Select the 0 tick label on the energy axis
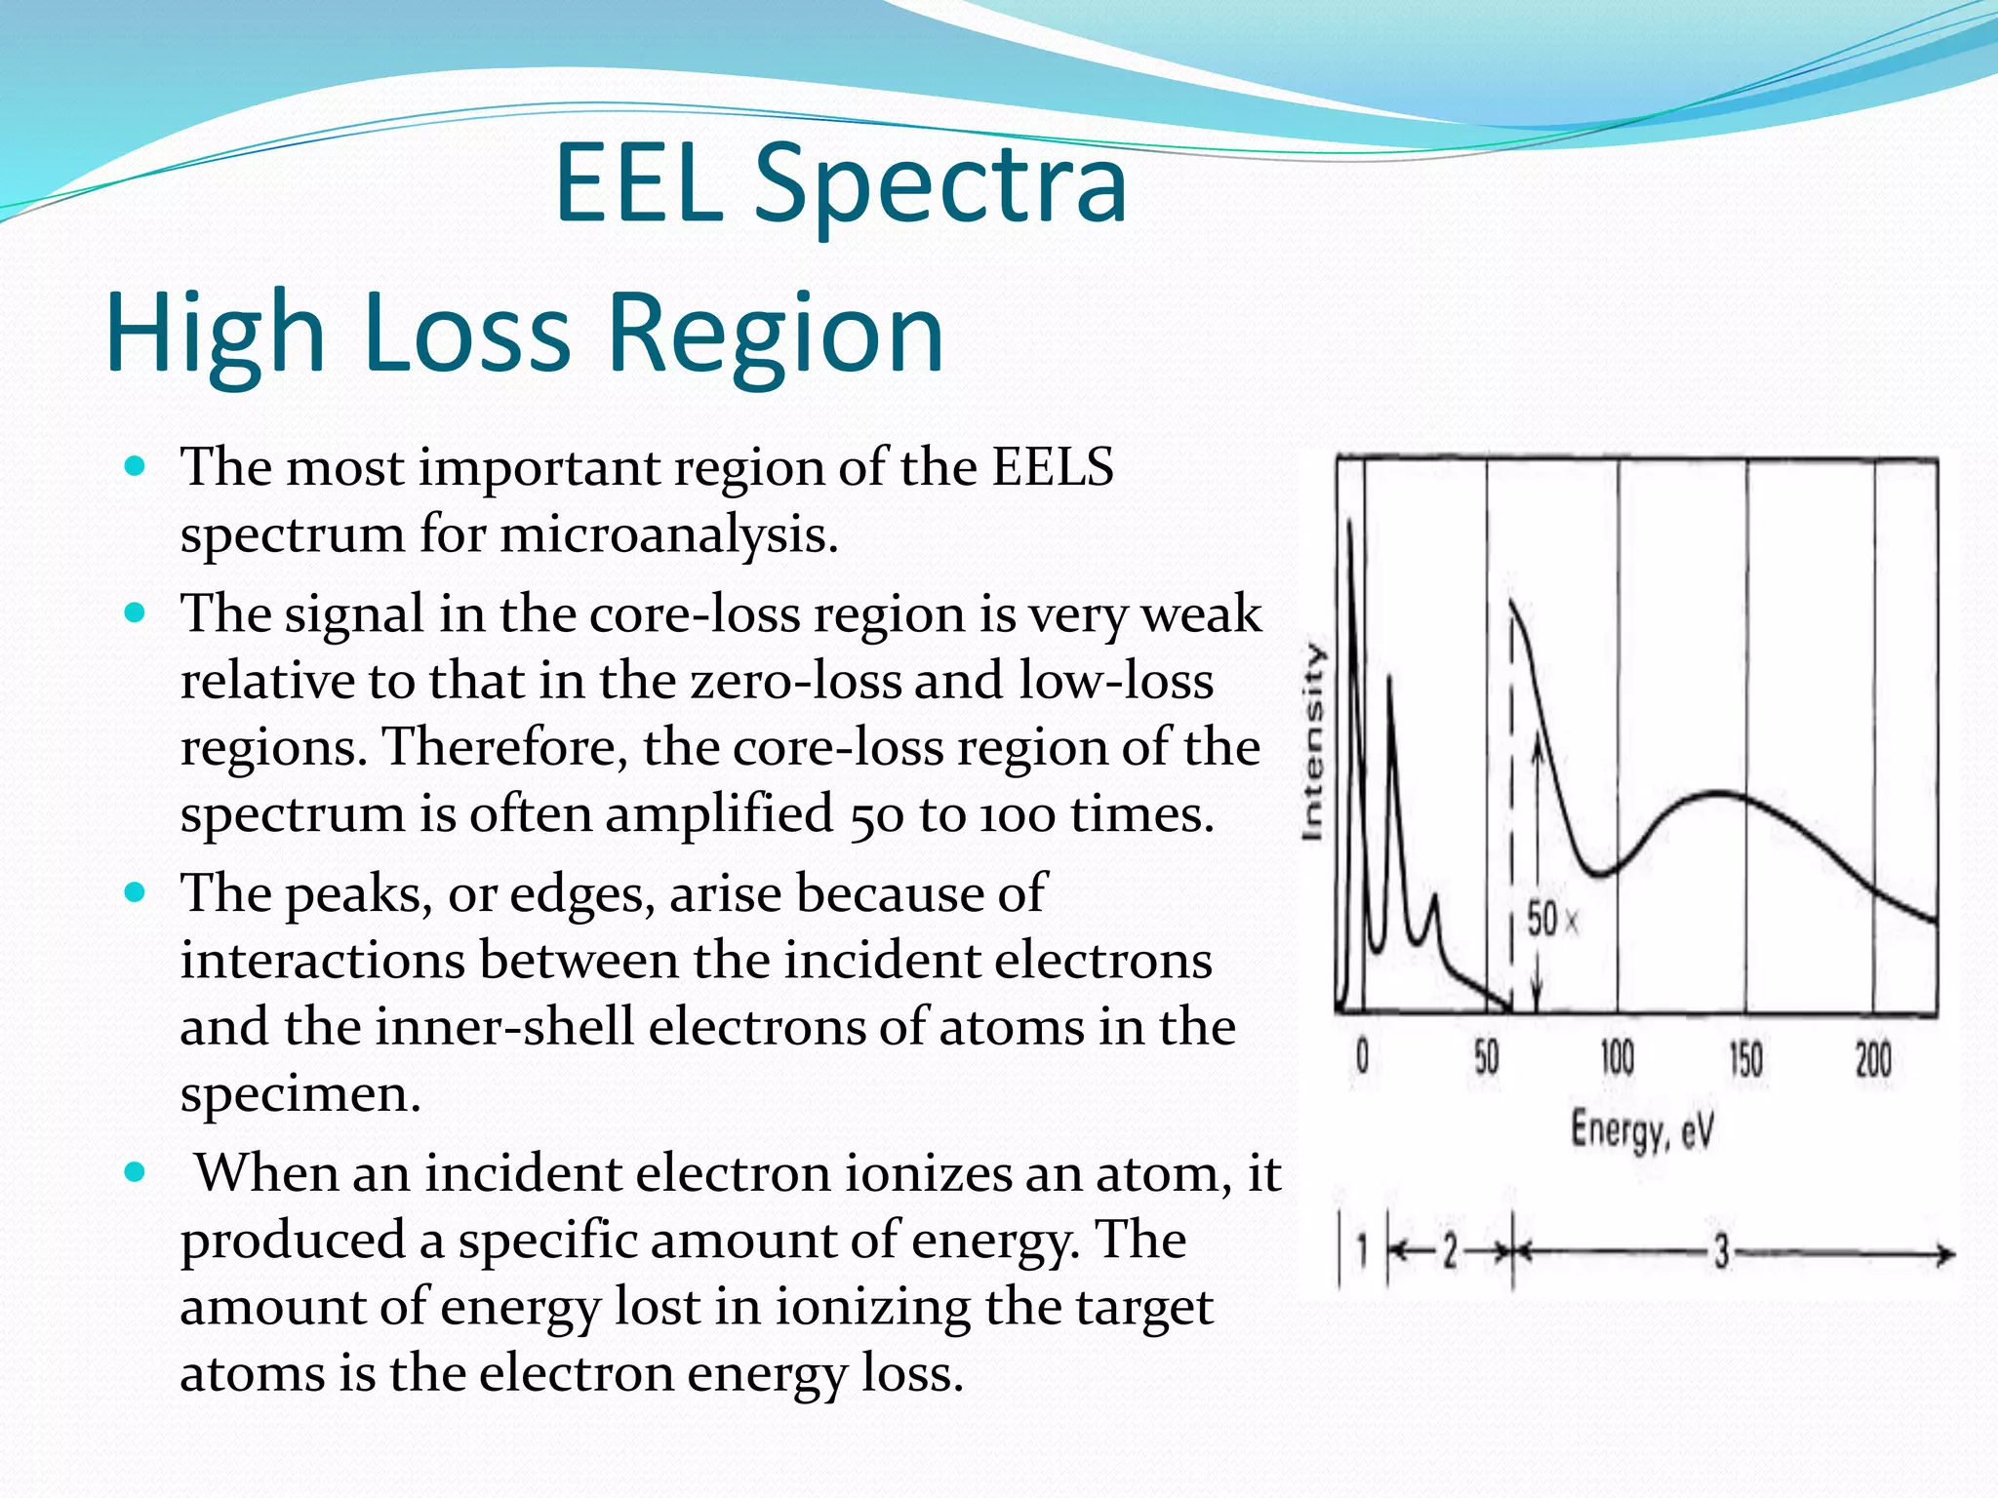(1363, 1057)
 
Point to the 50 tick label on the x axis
(1486, 1057)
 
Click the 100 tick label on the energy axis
(1617, 1057)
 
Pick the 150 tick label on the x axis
(1745, 1059)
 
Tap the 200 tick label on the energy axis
(1873, 1059)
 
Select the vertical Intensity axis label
(1314, 741)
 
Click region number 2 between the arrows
(1450, 1250)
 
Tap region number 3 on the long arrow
(1722, 1252)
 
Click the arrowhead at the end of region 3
(1946, 1253)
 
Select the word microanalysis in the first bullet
(668, 534)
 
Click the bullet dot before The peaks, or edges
(136, 891)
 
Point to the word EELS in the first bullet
(1053, 466)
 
